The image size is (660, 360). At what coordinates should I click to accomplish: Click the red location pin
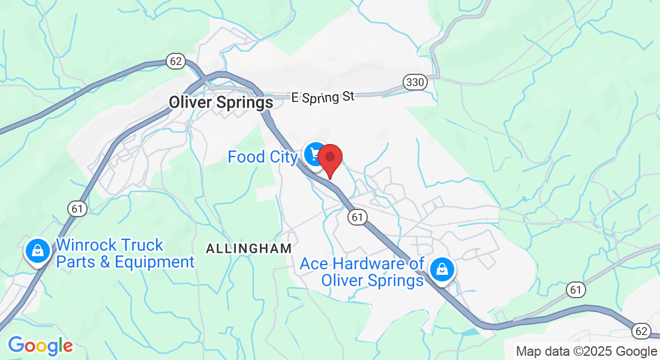pos(329,158)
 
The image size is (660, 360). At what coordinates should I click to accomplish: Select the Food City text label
pos(262,157)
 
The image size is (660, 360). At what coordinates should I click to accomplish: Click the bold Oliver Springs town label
pos(221,103)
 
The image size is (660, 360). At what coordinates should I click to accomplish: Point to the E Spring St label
pos(323,97)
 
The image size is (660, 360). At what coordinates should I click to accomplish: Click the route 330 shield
pos(415,82)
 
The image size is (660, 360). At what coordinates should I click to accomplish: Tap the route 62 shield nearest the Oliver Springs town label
pos(176,61)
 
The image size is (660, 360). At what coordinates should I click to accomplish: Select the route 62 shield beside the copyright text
pos(641,331)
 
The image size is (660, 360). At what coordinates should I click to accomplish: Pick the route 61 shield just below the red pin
pos(358,217)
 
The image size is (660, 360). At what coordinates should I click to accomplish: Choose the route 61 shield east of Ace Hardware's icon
pos(575,290)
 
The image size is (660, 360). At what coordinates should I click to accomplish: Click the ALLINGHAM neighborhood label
pos(248,248)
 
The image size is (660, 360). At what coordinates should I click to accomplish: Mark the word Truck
pos(143,245)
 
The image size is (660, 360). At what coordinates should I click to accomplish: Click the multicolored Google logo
pos(40,346)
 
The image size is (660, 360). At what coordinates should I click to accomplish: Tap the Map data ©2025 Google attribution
pos(587,351)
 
